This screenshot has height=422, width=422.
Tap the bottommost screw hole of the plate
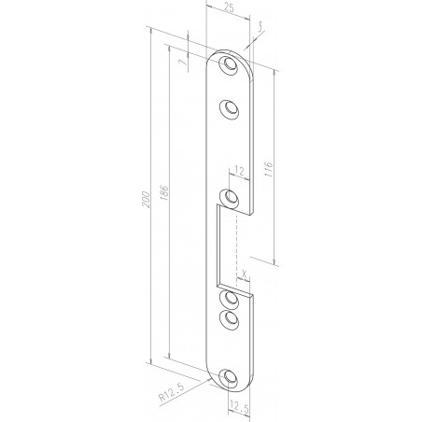229,378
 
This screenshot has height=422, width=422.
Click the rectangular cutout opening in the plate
228,247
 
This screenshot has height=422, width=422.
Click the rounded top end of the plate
229,53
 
